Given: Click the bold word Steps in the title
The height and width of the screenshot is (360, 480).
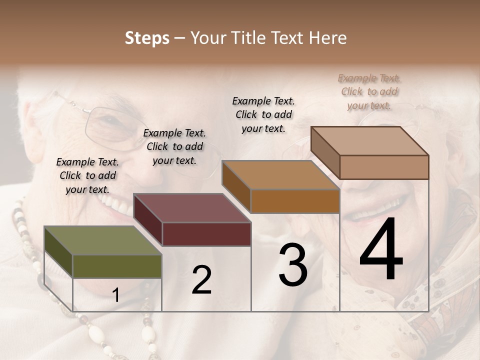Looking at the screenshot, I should pyautogui.click(x=147, y=38).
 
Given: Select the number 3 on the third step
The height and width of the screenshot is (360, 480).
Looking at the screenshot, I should pyautogui.click(x=293, y=265).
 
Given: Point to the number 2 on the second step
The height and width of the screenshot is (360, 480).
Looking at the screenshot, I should pyautogui.click(x=201, y=280).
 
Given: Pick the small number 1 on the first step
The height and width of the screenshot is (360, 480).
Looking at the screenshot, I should pyautogui.click(x=116, y=295).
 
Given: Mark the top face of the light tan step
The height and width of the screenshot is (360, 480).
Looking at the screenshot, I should pyautogui.click(x=370, y=141).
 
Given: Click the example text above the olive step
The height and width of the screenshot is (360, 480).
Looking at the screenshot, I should pyautogui.click(x=87, y=175).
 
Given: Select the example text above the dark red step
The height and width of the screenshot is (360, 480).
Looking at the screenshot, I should pyautogui.click(x=174, y=146).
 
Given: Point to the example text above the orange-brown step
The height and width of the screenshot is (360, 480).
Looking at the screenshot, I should pyautogui.click(x=263, y=114).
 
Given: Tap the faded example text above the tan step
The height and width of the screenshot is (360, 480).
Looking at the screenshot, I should pyautogui.click(x=369, y=91).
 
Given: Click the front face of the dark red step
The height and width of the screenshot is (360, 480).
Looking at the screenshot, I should pyautogui.click(x=206, y=234).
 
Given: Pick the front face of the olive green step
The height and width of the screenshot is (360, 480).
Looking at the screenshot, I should pyautogui.click(x=117, y=266).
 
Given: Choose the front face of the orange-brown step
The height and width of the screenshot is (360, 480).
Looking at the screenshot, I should pyautogui.click(x=295, y=201).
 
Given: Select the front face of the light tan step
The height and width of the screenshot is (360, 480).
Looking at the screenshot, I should pyautogui.click(x=384, y=167).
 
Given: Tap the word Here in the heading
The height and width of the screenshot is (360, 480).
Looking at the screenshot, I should pyautogui.click(x=328, y=38).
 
